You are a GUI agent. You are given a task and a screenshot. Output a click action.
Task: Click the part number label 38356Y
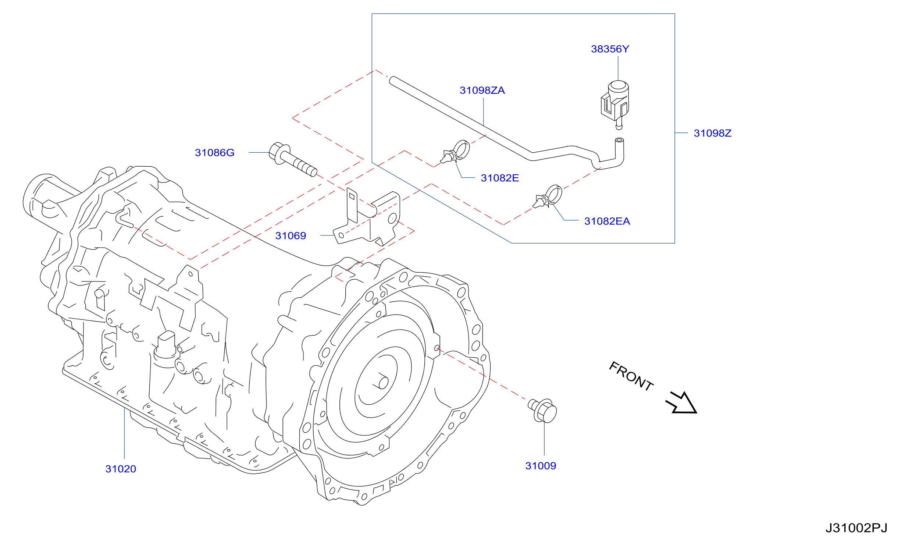pos(610,49)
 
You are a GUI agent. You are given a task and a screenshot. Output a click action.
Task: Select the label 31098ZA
pos(482,91)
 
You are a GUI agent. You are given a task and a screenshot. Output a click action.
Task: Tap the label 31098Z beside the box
pos(712,133)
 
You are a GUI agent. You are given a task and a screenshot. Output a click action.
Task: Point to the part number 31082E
pos(500,178)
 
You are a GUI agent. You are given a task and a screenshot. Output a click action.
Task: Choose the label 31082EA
pos(607,221)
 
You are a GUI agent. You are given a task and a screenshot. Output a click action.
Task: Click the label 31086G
pos(214,153)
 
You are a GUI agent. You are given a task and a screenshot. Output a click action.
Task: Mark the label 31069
pos(291,236)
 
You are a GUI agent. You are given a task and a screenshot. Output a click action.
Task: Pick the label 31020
pos(121,469)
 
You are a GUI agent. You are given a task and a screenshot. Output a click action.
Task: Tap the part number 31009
pos(541,466)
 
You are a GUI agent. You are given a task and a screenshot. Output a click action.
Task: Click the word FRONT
pos(631,376)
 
